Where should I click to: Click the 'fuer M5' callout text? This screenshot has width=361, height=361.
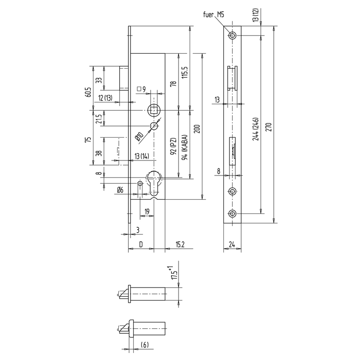pos(213,15)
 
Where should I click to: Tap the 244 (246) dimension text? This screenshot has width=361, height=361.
pos(256,129)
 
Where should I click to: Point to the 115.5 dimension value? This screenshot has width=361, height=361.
pos(185,73)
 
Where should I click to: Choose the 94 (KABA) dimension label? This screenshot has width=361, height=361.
pos(185,147)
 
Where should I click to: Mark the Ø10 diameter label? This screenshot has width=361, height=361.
pos(139,136)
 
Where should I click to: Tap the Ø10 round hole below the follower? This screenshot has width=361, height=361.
pos(154,126)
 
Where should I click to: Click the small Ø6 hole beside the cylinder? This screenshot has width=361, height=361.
pos(140,183)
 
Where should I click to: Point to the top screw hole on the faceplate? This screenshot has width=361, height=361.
pos(232,35)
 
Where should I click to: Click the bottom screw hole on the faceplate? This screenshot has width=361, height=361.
pos(232,213)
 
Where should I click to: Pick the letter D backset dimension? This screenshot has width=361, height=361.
pos(141,244)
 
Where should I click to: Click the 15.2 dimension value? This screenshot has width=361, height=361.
pos(180,244)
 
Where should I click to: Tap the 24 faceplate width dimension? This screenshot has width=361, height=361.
pos(232,244)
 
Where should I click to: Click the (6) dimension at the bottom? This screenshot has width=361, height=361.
pos(144,345)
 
